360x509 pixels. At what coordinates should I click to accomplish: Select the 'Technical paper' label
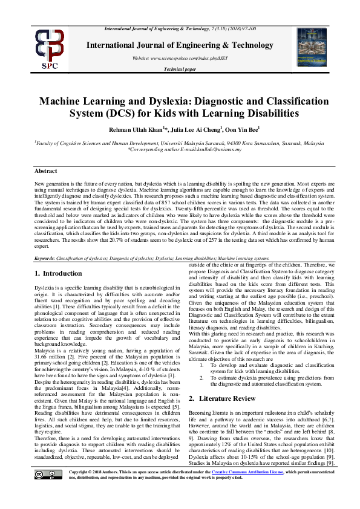pos(180,70)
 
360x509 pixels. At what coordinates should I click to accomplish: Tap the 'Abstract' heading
pos(45,171)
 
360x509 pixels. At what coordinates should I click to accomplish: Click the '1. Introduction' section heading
pos(58,273)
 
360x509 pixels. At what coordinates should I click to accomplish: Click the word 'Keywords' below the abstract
pos(44,258)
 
